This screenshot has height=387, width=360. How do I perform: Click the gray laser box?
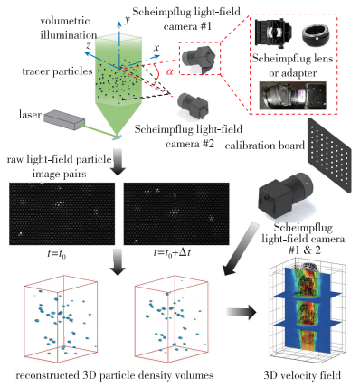(x=63, y=119)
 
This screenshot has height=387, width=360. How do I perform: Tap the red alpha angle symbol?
(x=170, y=71)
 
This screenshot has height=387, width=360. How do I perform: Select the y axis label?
(x=128, y=20)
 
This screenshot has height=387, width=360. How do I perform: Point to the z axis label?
(x=89, y=46)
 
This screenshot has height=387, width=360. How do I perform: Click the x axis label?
(x=156, y=48)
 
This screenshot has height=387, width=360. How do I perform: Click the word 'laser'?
(x=30, y=115)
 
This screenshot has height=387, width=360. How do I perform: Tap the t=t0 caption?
(x=56, y=254)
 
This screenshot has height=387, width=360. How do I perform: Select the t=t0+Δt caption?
(x=172, y=252)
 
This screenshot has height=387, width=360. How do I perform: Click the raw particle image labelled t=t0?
(x=62, y=213)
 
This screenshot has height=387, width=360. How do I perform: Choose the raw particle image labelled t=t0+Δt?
(x=176, y=213)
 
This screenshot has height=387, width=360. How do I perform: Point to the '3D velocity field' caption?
(x=302, y=375)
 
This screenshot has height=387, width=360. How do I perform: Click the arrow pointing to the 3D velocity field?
(x=242, y=312)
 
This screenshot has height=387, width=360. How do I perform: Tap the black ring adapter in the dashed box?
(x=315, y=35)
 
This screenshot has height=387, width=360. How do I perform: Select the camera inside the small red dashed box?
(x=199, y=60)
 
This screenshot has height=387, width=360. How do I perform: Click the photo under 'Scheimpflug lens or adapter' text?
(x=292, y=95)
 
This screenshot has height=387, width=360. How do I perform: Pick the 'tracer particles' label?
(x=57, y=71)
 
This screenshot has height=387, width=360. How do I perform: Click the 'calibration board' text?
(x=265, y=146)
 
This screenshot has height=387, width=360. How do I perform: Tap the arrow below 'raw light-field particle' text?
(x=118, y=162)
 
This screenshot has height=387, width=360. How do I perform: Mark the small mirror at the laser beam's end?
(x=118, y=137)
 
